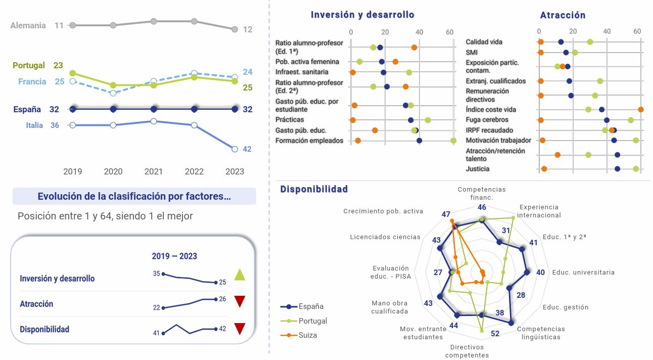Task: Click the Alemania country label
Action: tap(28, 25)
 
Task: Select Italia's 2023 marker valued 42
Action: tap(235, 149)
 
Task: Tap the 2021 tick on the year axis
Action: tap(154, 171)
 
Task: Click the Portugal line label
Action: tap(28, 65)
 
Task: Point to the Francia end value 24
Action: tap(247, 72)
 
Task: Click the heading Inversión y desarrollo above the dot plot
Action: tap(362, 15)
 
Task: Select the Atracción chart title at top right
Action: tap(563, 15)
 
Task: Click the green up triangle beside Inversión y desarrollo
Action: tap(240, 275)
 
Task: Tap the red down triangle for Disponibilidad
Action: tap(240, 329)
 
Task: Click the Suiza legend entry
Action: tap(308, 335)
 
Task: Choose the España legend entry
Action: tap(311, 306)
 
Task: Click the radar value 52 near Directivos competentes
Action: tap(495, 333)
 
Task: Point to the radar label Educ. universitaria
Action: tap(583, 272)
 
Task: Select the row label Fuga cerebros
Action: tap(487, 120)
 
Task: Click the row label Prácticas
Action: tap(290, 119)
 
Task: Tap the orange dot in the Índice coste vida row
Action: tap(641, 109)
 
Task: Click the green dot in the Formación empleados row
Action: tap(453, 141)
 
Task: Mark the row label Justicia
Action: tap(477, 168)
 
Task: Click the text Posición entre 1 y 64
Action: tap(105, 216)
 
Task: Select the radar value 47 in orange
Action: tap(446, 214)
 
